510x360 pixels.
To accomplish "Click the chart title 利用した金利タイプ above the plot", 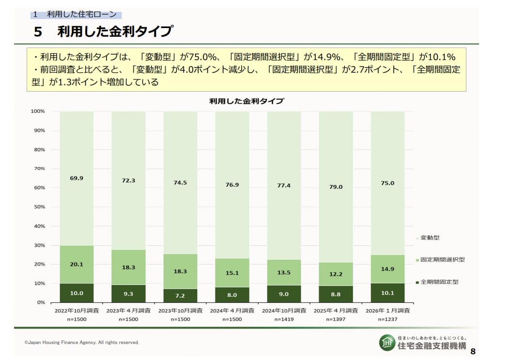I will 247,101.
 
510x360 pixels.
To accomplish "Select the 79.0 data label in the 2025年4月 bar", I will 336,187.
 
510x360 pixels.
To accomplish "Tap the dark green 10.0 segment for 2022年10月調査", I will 77,293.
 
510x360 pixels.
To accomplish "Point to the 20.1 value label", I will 77,264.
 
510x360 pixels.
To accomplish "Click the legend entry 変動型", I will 430,238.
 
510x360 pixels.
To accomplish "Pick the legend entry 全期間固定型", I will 439,282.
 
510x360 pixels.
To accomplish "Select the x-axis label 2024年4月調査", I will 232,311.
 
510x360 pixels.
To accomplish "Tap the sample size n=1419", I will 284,319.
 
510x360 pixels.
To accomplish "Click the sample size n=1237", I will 387,319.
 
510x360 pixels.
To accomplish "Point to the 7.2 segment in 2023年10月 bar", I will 180,295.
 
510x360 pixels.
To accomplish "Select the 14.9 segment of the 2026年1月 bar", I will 387,269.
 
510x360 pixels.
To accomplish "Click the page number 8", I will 473,351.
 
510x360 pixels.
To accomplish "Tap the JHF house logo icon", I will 386,342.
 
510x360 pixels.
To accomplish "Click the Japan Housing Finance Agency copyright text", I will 81,343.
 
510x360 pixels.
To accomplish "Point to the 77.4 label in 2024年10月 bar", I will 284,186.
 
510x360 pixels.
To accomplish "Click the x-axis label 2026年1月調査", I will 387,311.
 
